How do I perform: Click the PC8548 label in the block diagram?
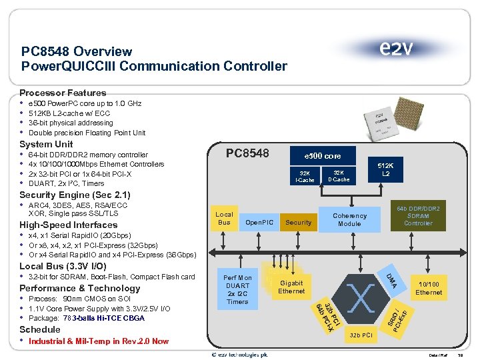(247, 154)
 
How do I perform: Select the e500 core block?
(323, 155)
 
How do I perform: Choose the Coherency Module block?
(349, 219)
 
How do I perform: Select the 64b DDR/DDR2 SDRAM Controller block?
(418, 215)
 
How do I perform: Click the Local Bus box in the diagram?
(224, 219)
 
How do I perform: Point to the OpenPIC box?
(259, 222)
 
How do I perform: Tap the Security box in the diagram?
(298, 222)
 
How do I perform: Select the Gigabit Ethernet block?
(291, 287)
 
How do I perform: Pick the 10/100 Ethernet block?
(428, 288)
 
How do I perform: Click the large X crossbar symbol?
(361, 298)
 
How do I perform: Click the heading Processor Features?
(63, 93)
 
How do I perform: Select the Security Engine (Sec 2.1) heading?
(75, 195)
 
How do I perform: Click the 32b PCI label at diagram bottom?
(361, 335)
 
